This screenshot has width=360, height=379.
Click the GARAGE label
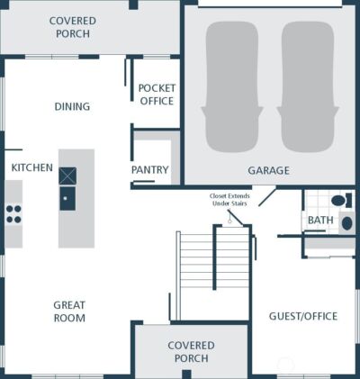[268, 170]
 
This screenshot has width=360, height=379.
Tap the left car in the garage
[232, 86]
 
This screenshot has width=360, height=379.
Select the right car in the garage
[308, 86]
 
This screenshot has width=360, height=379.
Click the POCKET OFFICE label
[157, 95]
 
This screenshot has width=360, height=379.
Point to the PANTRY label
[150, 170]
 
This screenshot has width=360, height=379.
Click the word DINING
[72, 106]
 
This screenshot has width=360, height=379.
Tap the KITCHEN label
[32, 167]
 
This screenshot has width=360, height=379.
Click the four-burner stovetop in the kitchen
[13, 214]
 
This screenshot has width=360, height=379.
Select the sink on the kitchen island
[67, 198]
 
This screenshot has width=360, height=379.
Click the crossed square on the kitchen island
[67, 176]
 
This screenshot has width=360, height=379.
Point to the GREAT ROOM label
[69, 311]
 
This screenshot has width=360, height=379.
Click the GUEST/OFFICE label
[303, 316]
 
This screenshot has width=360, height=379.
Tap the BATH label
[320, 220]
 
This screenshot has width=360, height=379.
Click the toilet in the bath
[341, 200]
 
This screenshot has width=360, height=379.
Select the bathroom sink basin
[347, 223]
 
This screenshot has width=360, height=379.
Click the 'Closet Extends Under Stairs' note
[229, 200]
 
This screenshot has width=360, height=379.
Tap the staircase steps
[214, 260]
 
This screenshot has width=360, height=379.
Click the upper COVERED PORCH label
[73, 27]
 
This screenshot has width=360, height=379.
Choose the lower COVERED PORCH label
[191, 352]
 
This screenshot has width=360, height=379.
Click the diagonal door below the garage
[267, 197]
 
